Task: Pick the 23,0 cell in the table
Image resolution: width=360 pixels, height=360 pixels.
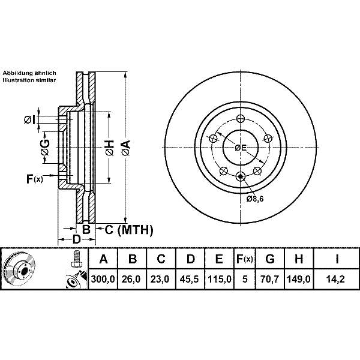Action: [x=161, y=279]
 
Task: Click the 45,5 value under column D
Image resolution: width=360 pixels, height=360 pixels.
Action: [x=190, y=279]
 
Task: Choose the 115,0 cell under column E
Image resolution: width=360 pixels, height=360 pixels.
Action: [x=219, y=279]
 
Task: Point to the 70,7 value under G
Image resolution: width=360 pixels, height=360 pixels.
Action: [x=271, y=279]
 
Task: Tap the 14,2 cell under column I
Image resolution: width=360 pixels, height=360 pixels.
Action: [x=337, y=279]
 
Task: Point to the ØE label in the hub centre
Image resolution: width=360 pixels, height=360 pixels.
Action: [x=241, y=147]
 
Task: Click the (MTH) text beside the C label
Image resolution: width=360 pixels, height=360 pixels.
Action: [x=135, y=229]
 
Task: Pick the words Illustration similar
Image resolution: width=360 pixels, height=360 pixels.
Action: [x=29, y=79]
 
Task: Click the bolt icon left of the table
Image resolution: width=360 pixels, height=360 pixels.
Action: [x=76, y=259]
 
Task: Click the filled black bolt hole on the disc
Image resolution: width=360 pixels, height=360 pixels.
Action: [x=241, y=176]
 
